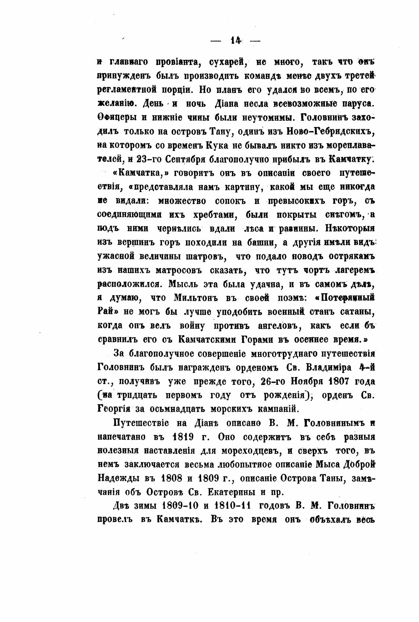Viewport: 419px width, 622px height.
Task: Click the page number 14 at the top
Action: pos(235,41)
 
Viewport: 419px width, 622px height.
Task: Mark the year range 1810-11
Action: pos(230,506)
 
